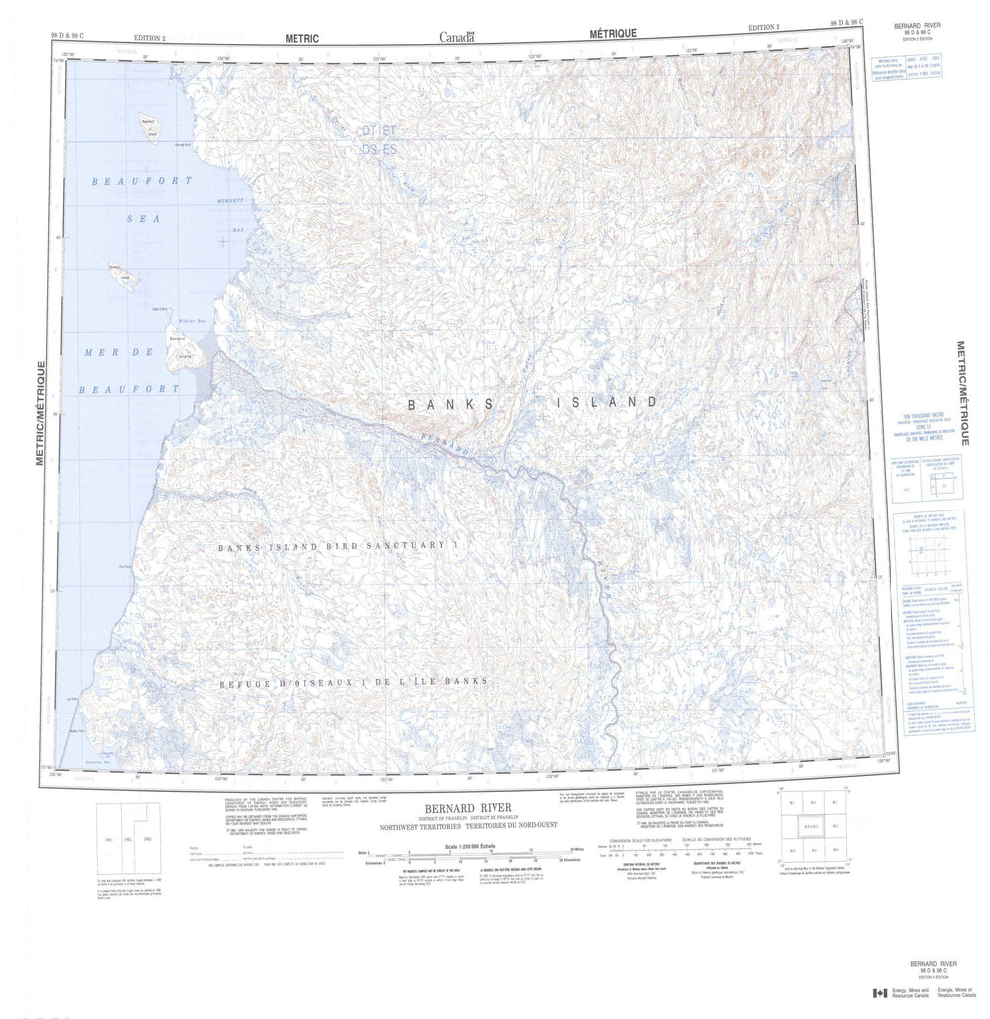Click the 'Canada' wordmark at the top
pos(457,39)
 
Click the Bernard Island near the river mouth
pos(183,354)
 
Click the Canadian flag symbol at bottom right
pos(879,993)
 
